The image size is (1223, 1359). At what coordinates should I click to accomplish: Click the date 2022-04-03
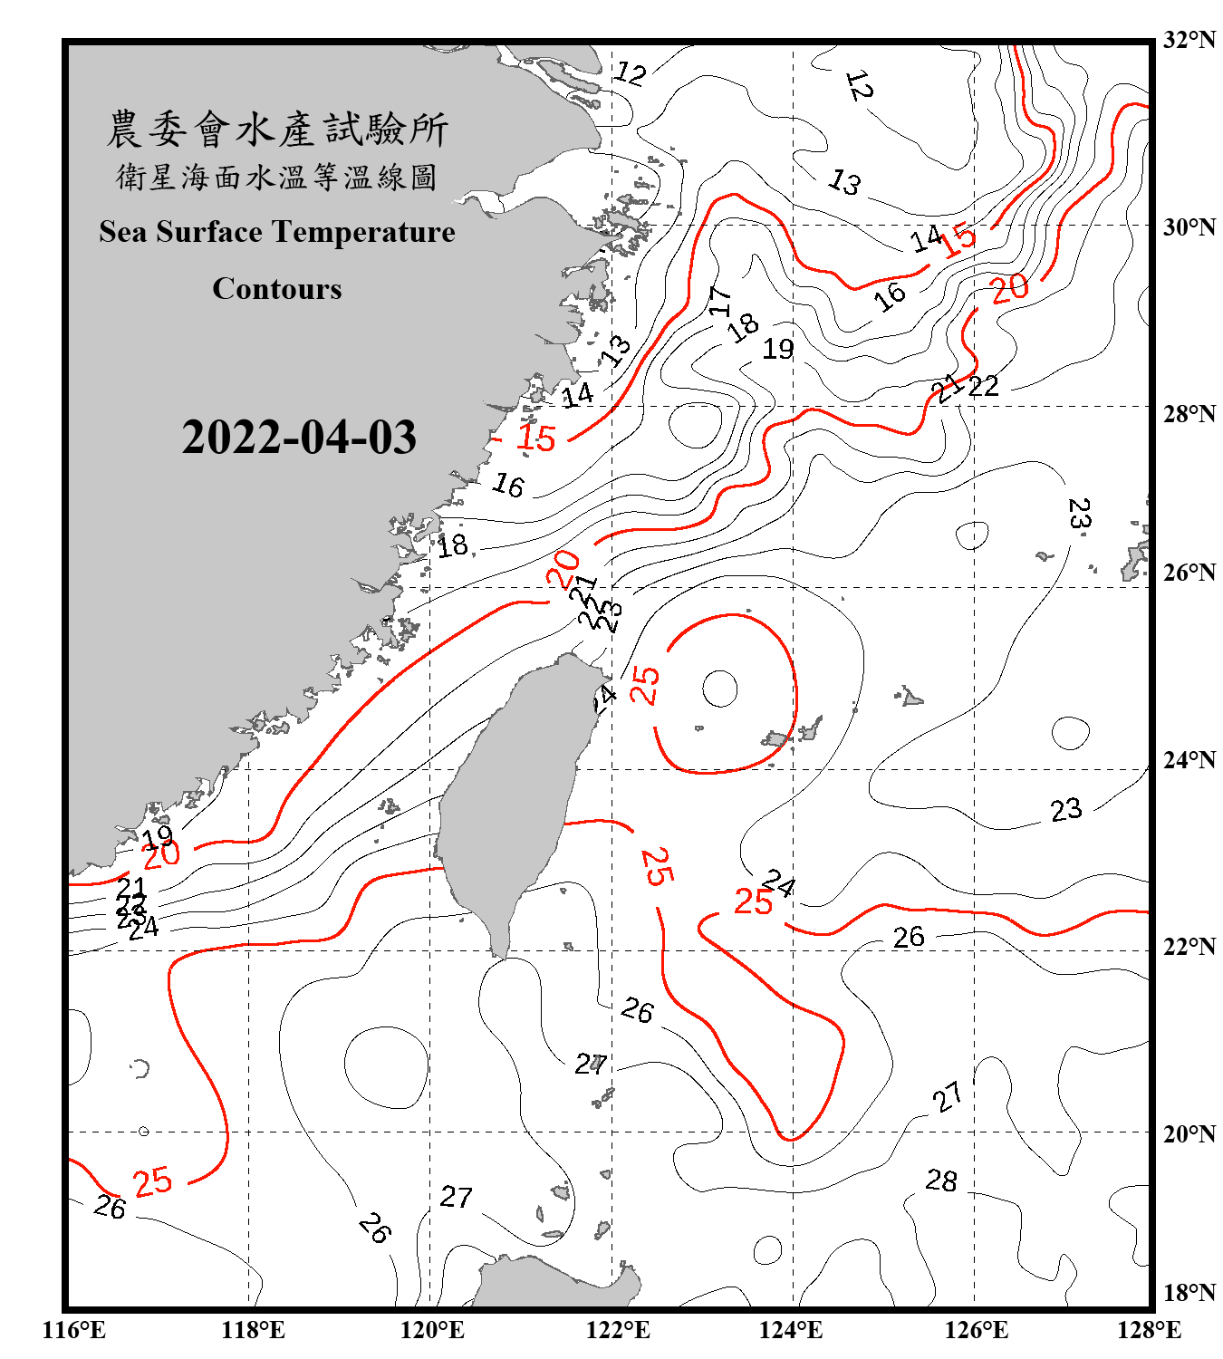[299, 438]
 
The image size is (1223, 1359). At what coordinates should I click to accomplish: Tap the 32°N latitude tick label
[1189, 40]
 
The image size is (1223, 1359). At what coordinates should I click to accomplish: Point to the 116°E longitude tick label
[74, 1330]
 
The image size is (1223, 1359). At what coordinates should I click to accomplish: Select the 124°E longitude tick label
[791, 1330]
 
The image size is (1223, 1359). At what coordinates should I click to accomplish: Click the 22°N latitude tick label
[1189, 947]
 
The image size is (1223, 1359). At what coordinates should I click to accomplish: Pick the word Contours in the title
[277, 289]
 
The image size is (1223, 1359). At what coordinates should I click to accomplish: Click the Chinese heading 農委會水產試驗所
[277, 130]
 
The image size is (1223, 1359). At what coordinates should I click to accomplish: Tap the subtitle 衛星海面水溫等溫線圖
[277, 177]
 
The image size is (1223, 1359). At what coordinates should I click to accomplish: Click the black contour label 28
[941, 1181]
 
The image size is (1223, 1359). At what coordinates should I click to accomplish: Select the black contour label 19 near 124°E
[778, 349]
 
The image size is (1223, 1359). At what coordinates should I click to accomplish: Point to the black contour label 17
[720, 301]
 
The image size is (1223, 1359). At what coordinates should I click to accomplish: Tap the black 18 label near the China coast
[453, 545]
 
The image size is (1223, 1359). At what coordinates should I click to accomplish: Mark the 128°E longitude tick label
[1149, 1330]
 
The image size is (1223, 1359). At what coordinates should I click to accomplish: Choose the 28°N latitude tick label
[1189, 414]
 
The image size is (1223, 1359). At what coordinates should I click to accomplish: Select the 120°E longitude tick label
[432, 1330]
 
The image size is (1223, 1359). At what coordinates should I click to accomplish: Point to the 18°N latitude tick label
[1189, 1293]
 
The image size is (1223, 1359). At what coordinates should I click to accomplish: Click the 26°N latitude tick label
[1189, 573]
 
